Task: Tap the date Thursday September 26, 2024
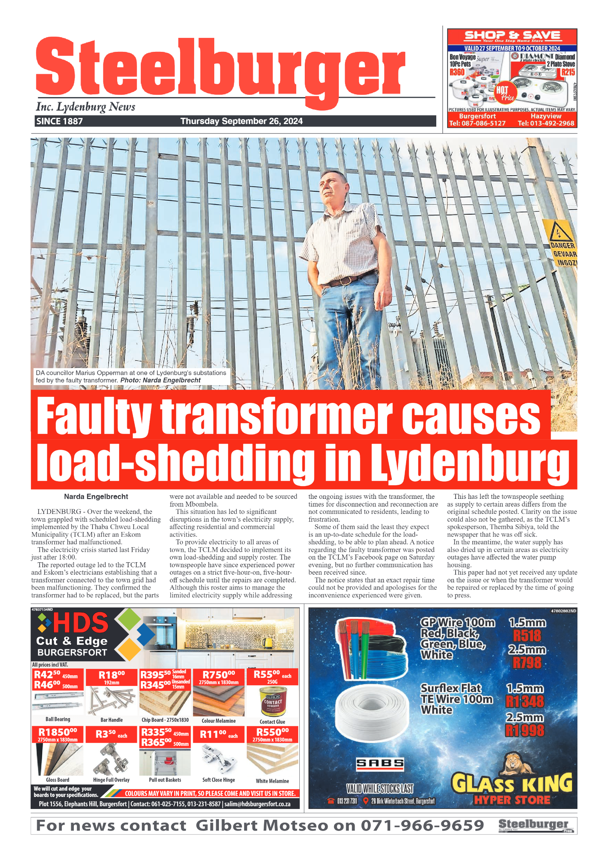point(241,121)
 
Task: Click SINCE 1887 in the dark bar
point(59,121)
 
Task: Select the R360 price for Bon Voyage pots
point(457,72)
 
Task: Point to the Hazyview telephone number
point(546,123)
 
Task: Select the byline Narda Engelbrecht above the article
point(96,497)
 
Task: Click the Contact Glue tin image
point(273,701)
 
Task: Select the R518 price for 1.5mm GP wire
point(527,636)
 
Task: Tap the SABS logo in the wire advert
point(380,763)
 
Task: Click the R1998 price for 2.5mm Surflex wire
point(525,730)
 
